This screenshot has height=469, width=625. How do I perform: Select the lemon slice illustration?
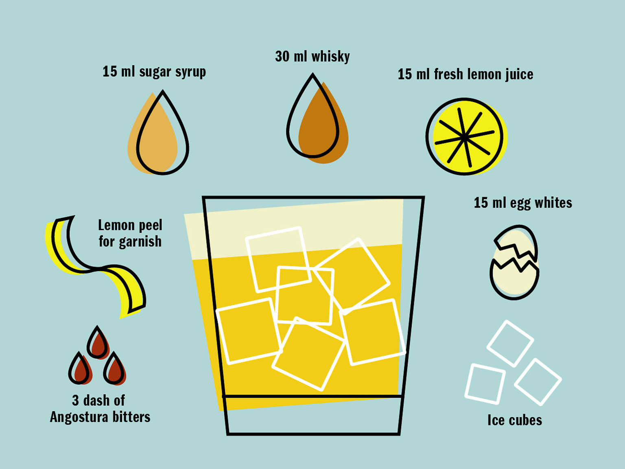(x=465, y=137)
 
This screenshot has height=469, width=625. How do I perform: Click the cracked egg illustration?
(x=514, y=263)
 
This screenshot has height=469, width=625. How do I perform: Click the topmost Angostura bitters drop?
(x=98, y=342)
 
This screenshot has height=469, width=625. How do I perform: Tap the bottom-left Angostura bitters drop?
(x=80, y=369)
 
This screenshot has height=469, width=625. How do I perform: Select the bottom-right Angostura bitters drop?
(x=114, y=369)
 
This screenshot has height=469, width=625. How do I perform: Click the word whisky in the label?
(x=330, y=57)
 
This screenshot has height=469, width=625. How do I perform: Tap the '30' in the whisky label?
(x=282, y=57)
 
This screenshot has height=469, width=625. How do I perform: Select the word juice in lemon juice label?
(x=519, y=75)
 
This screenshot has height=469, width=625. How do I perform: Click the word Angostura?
(x=79, y=417)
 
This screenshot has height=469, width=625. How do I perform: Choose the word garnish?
(x=140, y=242)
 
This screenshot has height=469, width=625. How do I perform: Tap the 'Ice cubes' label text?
(x=515, y=420)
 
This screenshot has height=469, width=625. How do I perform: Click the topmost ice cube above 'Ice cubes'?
(x=510, y=343)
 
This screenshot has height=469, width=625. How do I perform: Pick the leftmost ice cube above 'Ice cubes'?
(x=485, y=384)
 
